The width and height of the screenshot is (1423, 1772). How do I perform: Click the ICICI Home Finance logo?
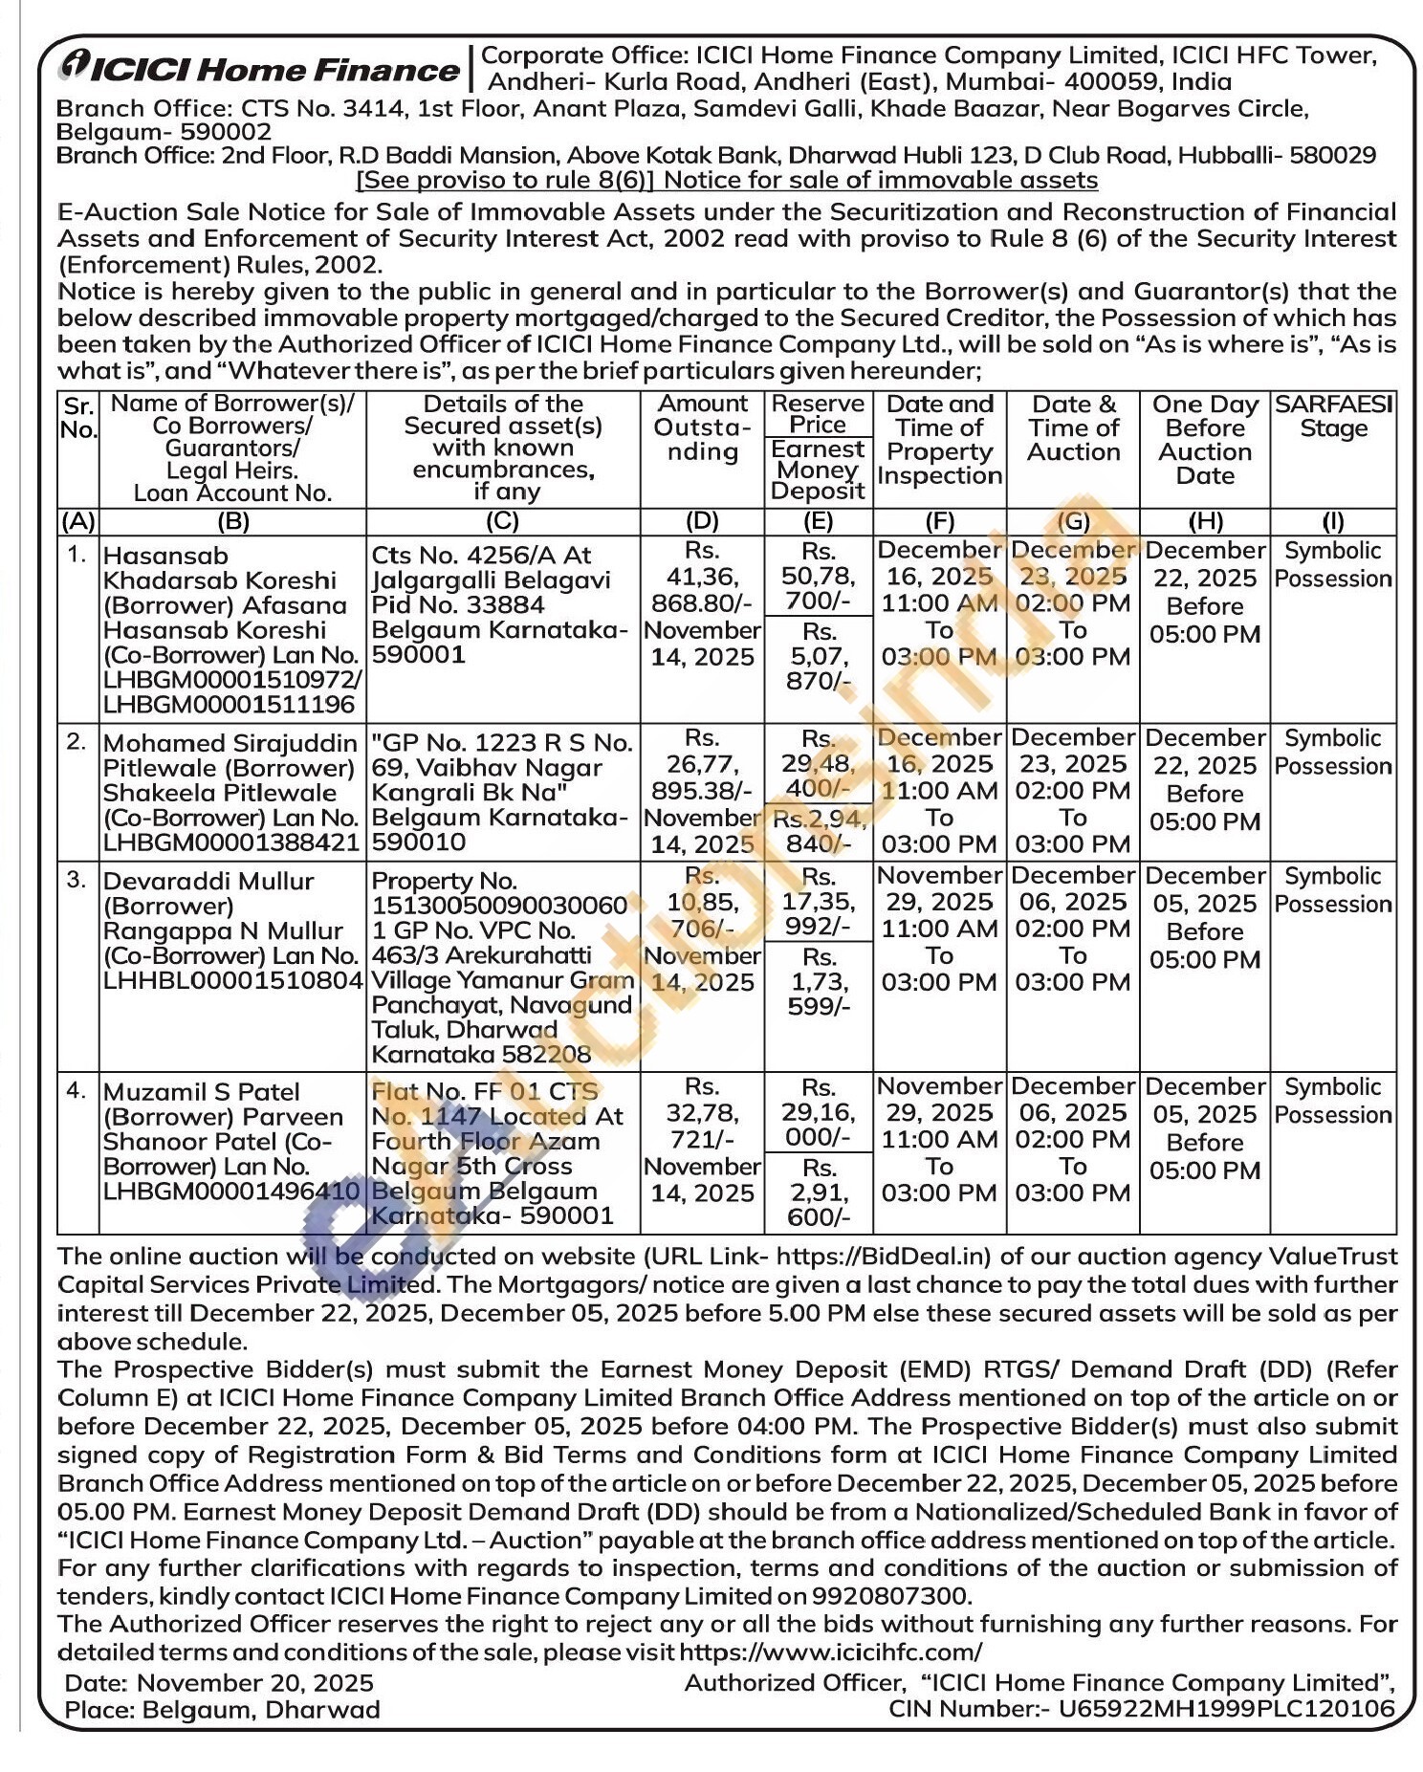(x=258, y=68)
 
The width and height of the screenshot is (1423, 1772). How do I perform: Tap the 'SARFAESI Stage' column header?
(x=1333, y=417)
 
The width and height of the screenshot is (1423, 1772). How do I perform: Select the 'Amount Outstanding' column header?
(x=702, y=428)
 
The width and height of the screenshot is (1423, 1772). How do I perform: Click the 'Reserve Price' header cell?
(x=818, y=414)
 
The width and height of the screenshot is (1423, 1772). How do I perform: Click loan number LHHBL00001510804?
(x=232, y=980)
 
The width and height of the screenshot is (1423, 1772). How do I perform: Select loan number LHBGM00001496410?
(x=231, y=1192)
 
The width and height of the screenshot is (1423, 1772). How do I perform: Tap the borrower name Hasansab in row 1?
(x=165, y=556)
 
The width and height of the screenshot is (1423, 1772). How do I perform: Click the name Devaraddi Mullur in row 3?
(x=208, y=881)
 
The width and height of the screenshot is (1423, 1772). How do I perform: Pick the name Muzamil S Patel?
(x=201, y=1092)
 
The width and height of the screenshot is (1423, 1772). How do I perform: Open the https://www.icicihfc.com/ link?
(x=830, y=1652)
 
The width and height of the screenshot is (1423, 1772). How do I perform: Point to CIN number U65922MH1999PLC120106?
(x=1226, y=1709)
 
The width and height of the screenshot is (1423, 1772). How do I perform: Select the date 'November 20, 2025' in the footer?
(x=255, y=1683)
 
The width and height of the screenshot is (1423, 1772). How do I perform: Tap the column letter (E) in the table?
(x=818, y=521)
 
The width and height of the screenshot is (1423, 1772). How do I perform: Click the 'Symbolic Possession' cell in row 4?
(x=1333, y=1101)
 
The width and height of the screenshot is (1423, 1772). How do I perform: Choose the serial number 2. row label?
(x=77, y=741)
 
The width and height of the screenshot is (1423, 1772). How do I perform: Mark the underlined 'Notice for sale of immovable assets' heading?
(x=880, y=180)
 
